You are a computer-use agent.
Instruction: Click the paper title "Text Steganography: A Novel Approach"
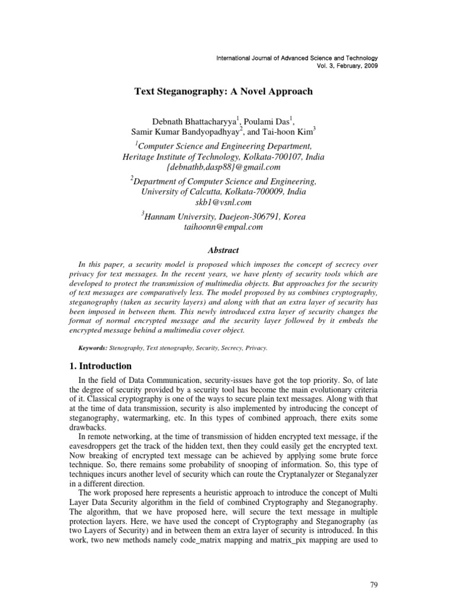point(224,92)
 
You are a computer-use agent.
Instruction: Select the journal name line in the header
point(296,57)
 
